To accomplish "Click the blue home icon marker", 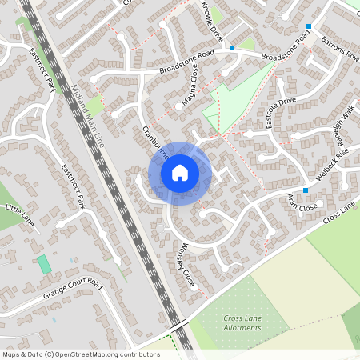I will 180,173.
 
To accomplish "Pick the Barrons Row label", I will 341,50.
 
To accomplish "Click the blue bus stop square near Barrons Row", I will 308,26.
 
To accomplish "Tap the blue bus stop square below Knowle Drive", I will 232,48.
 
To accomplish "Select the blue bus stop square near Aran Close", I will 306,190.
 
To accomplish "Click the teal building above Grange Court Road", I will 43,264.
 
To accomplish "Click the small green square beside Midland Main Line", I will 95,105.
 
